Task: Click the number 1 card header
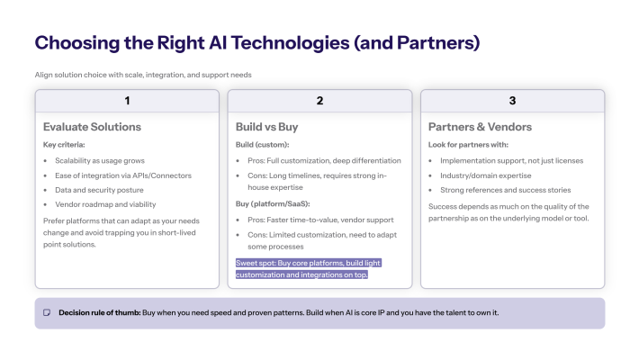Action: (127, 101)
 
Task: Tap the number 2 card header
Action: (319, 101)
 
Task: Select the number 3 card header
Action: (512, 101)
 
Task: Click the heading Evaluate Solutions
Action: (92, 127)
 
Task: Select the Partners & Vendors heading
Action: (480, 127)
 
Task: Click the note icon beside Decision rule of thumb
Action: (48, 313)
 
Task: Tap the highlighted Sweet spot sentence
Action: (302, 268)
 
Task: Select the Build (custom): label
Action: (262, 144)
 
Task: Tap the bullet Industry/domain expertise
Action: (485, 175)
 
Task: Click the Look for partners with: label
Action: (468, 144)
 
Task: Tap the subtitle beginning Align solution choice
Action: (149, 74)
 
